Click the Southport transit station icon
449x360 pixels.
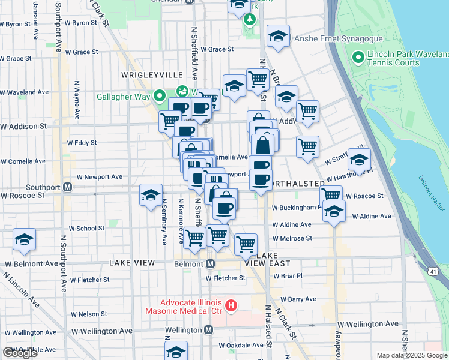click(x=68, y=187)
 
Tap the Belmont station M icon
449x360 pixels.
click(x=211, y=263)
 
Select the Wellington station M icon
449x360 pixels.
click(x=208, y=330)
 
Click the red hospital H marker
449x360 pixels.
click(x=231, y=307)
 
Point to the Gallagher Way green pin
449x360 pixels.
click(x=160, y=95)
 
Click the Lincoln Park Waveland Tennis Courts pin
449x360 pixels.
click(x=359, y=58)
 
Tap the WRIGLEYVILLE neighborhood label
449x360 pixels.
click(x=152, y=74)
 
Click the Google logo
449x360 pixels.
click(x=20, y=352)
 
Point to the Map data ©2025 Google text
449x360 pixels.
click(x=412, y=355)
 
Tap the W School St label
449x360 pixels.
click(x=86, y=229)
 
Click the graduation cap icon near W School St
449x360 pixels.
click(x=25, y=239)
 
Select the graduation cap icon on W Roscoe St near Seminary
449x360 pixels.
click(x=151, y=195)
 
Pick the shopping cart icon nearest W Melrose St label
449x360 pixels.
click(x=246, y=244)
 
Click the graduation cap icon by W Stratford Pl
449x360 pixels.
click(x=359, y=160)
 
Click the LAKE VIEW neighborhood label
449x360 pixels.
click(x=133, y=263)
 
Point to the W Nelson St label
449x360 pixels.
click(x=89, y=314)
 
